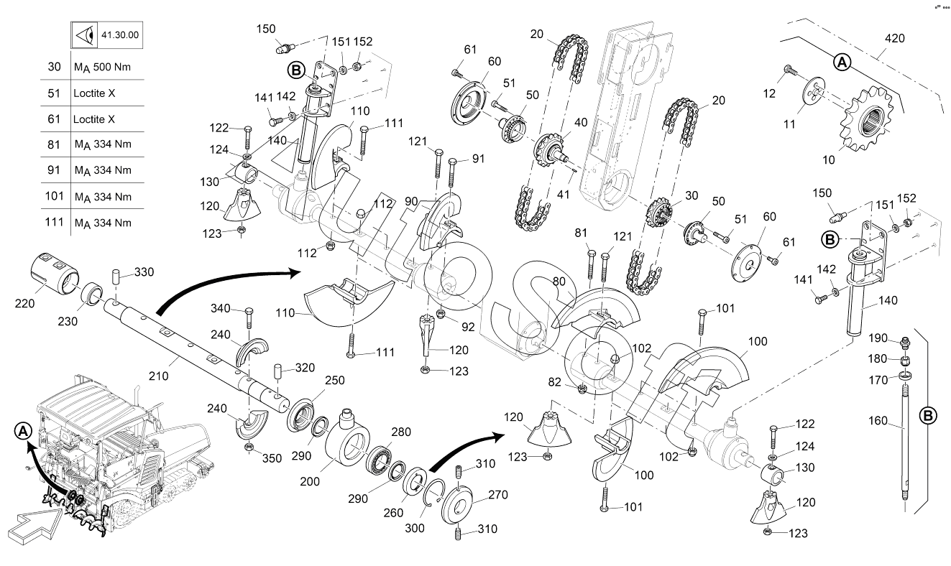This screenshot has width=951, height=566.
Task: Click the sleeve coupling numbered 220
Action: pyautogui.click(x=53, y=275)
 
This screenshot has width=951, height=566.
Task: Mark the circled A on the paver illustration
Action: pyautogui.click(x=24, y=430)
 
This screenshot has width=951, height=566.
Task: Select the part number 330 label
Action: pyautogui.click(x=144, y=272)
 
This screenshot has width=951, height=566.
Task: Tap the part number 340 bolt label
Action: pyautogui.click(x=221, y=310)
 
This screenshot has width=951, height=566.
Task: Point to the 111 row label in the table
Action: pyautogui.click(x=55, y=222)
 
